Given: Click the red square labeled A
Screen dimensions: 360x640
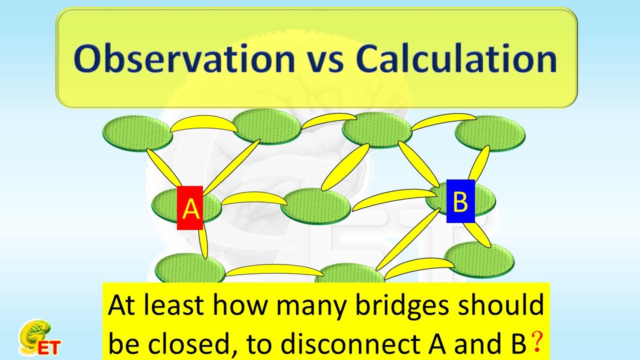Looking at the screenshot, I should pyautogui.click(x=190, y=208).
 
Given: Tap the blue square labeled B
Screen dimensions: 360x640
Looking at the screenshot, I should pyautogui.click(x=460, y=201).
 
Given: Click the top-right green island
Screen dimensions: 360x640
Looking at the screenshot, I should pyautogui.click(x=490, y=132).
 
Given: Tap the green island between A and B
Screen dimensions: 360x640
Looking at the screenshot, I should pyautogui.click(x=315, y=205).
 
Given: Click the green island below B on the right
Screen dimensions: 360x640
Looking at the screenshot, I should pyautogui.click(x=479, y=259).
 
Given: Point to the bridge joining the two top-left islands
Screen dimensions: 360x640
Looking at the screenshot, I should pyautogui.click(x=204, y=124).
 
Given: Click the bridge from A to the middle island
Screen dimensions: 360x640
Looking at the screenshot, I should pyautogui.click(x=254, y=198).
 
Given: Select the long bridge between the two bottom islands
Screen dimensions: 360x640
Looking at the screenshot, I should pyautogui.click(x=274, y=270).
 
